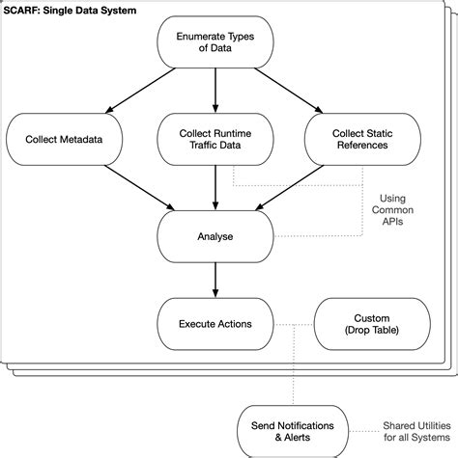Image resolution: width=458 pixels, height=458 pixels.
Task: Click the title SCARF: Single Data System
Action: pyautogui.click(x=69, y=10)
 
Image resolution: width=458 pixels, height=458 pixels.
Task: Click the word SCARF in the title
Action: pyautogui.click(x=22, y=10)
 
